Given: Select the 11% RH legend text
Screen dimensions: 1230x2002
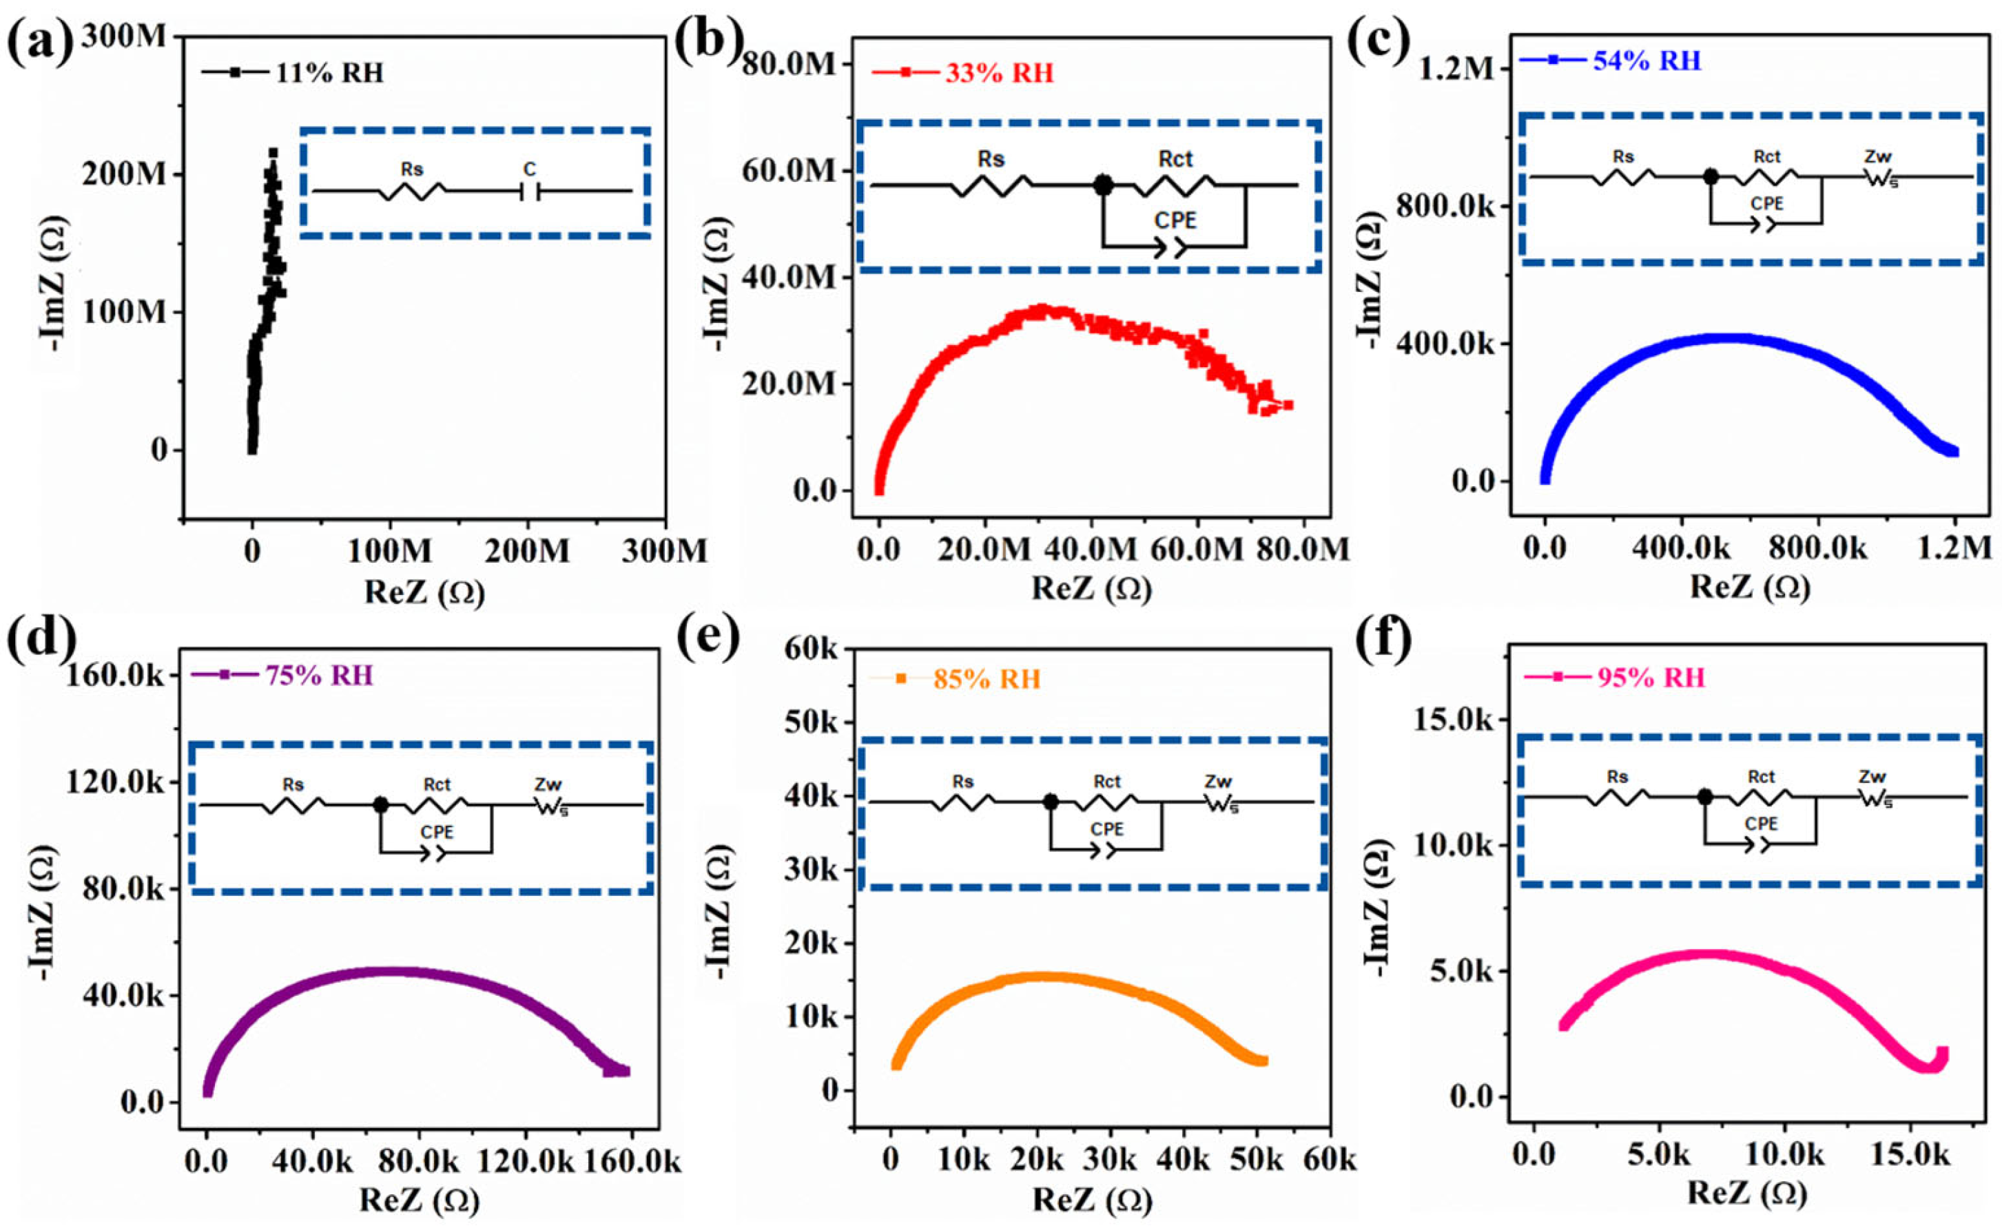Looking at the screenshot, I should coord(329,73).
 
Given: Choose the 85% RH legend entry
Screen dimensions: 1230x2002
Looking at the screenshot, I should coord(987,678).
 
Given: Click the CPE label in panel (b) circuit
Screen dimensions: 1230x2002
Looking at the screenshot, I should coord(1175,220).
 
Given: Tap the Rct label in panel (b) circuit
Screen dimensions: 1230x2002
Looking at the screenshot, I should coord(1175,160).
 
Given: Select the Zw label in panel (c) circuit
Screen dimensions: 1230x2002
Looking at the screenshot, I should coord(1877,156).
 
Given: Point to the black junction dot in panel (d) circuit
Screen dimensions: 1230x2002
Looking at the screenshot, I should coord(380,804).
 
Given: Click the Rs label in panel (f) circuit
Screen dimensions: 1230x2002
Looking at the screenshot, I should coord(1617,777).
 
